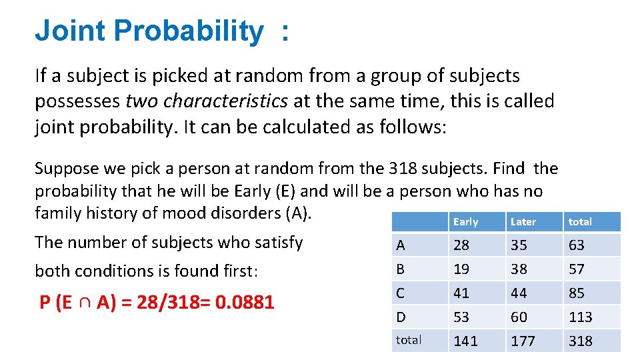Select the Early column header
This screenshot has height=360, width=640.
pyautogui.click(x=465, y=221)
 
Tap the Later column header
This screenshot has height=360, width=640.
pyautogui.click(x=523, y=221)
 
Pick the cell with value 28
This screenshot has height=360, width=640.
pyautogui.click(x=461, y=245)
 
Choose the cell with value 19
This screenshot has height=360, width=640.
pyautogui.click(x=461, y=269)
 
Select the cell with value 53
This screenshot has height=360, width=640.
pyautogui.click(x=461, y=317)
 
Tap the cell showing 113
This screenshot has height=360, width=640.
pyautogui.click(x=581, y=317)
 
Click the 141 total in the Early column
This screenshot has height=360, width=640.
pyautogui.click(x=465, y=341)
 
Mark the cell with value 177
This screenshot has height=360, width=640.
pyautogui.click(x=523, y=341)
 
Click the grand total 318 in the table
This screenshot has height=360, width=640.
pyautogui.click(x=581, y=341)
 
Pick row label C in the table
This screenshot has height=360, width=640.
pyautogui.click(x=400, y=293)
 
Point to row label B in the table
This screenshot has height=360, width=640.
pyautogui.click(x=400, y=269)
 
